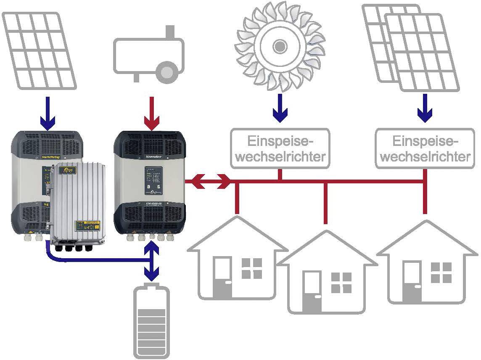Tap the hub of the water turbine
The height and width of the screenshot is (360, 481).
click(x=279, y=45)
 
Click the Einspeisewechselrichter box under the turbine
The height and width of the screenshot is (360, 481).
click(x=280, y=148)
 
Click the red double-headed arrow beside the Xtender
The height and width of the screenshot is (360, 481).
click(x=209, y=182)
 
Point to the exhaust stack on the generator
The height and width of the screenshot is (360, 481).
click(x=170, y=32)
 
